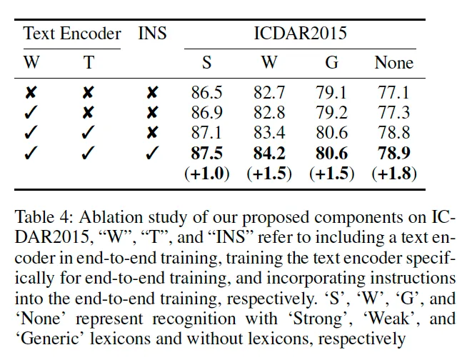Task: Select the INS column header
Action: pos(152,33)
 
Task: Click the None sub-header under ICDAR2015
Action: pos(393,63)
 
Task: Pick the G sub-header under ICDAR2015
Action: pos(332,63)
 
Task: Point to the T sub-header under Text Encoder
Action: pos(88,63)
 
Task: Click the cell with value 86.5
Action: pos(206,92)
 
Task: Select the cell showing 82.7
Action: pos(268,92)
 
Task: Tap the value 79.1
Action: pos(331,92)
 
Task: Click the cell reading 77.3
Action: pos(393,112)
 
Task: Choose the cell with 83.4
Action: pos(268,132)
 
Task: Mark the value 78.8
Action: pos(393,132)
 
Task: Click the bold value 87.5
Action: pos(206,153)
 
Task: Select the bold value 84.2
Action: pos(268,153)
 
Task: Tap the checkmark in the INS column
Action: pos(152,153)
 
